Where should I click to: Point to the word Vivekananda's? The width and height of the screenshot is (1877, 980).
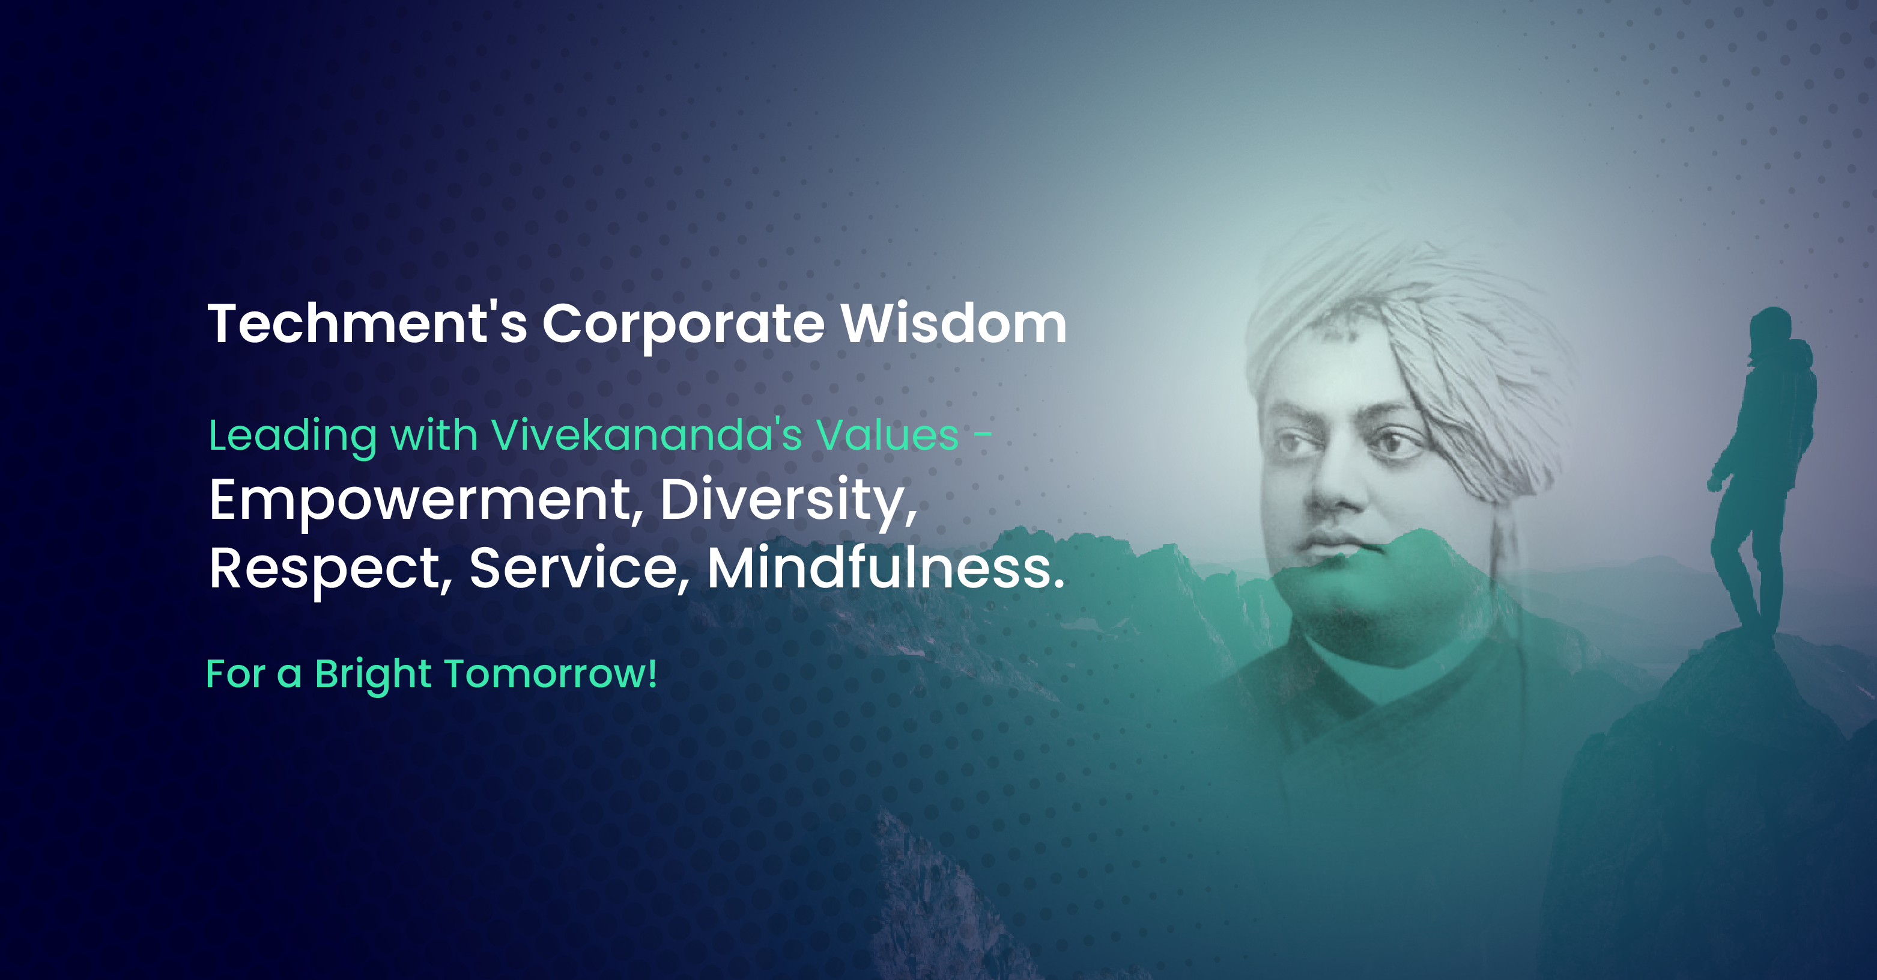(x=647, y=435)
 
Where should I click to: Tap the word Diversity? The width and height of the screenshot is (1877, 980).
(x=789, y=501)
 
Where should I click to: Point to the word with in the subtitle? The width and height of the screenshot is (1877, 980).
(x=434, y=435)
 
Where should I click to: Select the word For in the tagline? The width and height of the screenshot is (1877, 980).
(x=235, y=675)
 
